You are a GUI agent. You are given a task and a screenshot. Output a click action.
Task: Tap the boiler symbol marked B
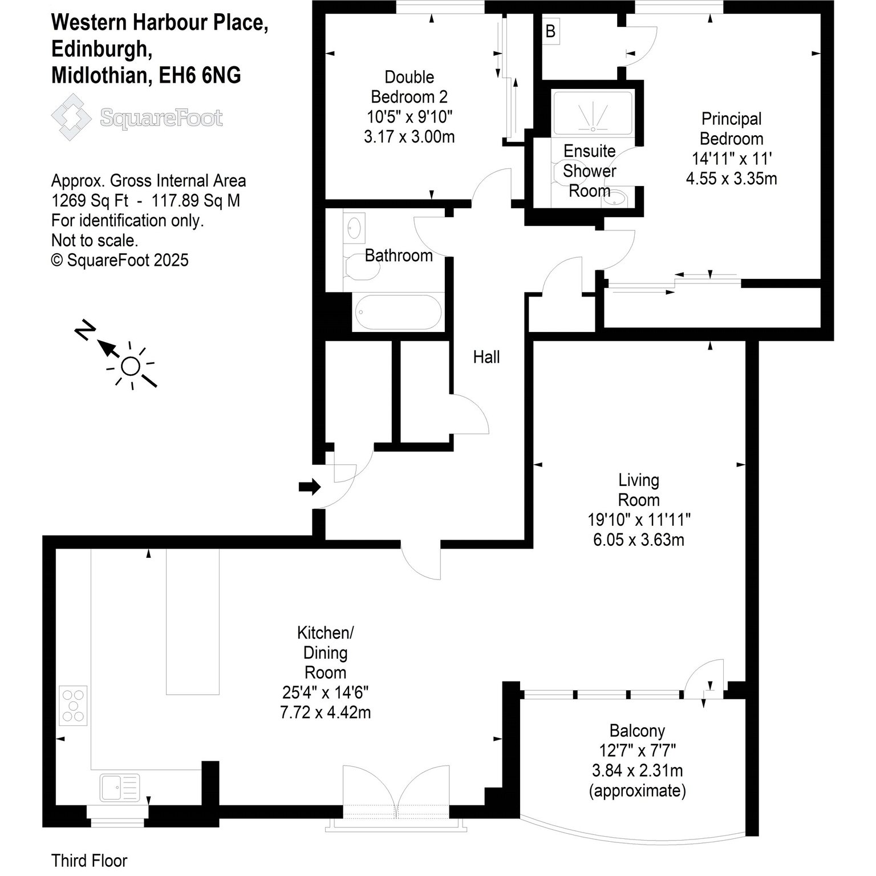(550, 31)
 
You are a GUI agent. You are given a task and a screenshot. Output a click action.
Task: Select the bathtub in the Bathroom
(398, 313)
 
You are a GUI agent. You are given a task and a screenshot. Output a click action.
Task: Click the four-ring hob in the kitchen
(74, 705)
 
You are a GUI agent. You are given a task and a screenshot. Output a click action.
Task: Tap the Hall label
(486, 357)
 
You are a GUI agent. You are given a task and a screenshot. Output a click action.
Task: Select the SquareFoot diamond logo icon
(72, 117)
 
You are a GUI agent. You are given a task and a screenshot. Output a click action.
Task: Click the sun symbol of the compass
(131, 366)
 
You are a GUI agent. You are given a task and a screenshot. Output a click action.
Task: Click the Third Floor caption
(89, 860)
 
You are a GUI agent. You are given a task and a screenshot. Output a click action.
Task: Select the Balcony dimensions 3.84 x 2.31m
(637, 771)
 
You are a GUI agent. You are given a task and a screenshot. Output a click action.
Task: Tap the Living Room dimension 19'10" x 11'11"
(639, 520)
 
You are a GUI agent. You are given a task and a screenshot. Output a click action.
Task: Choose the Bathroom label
(399, 255)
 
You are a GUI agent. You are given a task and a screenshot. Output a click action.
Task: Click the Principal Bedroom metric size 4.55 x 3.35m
(731, 179)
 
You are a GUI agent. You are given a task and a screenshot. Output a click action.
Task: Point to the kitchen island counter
(193, 621)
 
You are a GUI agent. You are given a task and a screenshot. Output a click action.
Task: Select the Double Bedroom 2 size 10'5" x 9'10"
(409, 117)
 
